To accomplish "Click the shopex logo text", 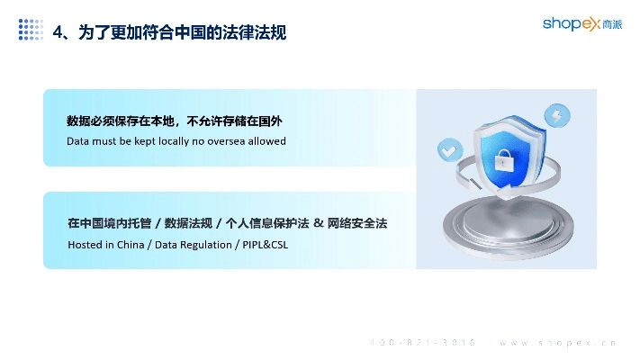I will coord(568,23).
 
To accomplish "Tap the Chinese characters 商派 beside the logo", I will coord(608,23).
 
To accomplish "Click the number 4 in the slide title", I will coord(59,32).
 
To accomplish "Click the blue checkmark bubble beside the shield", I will coord(446,149).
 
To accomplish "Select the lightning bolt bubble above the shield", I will coord(556,115).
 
